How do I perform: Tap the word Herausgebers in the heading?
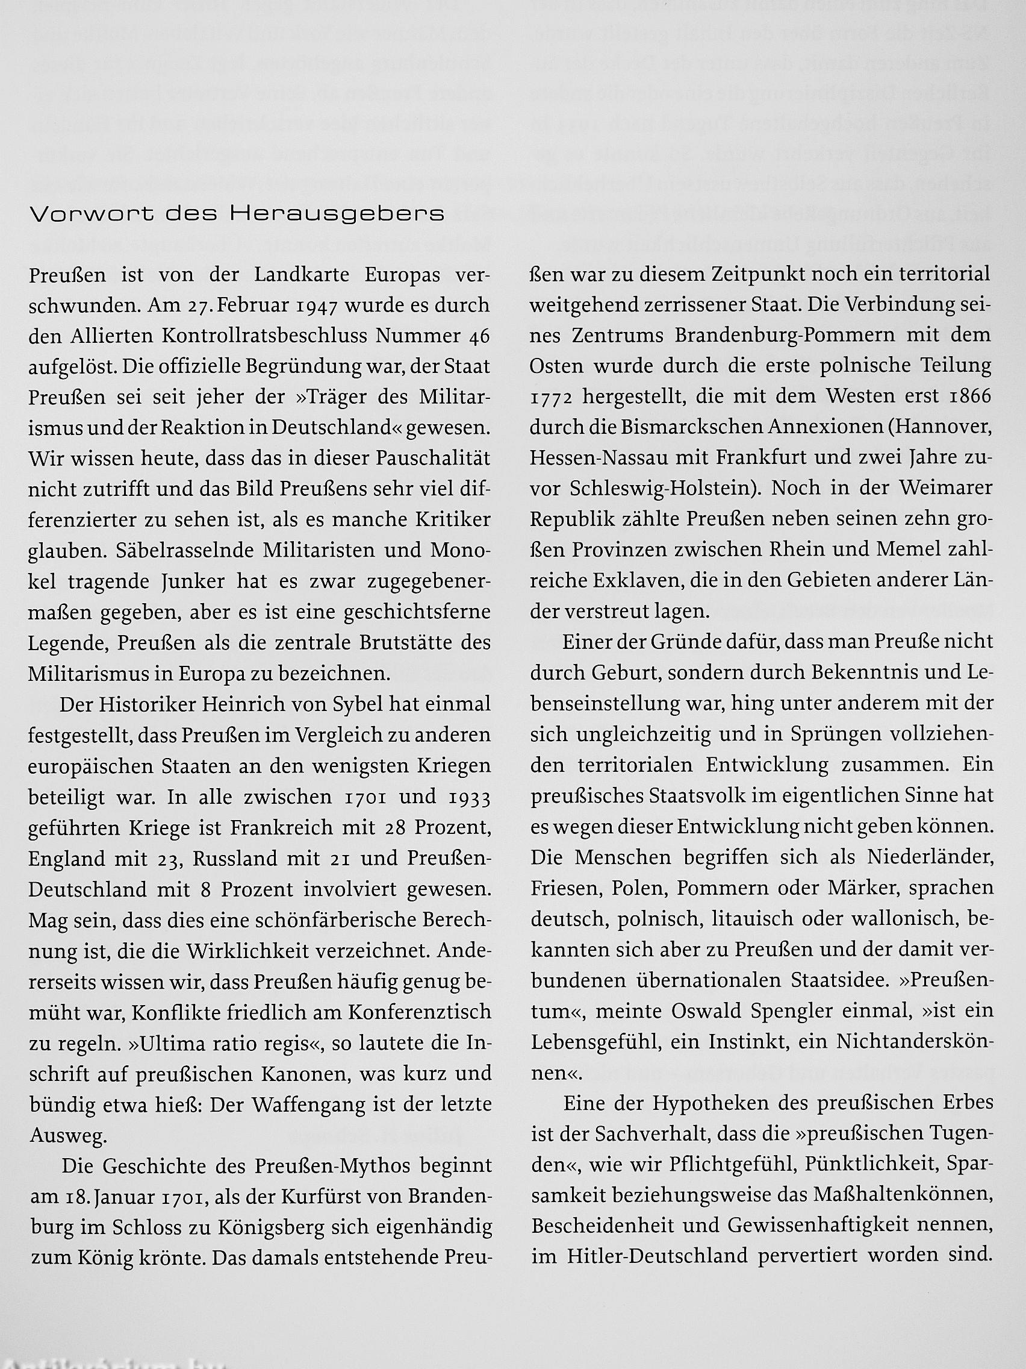tap(337, 214)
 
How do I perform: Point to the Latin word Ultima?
tap(167, 1044)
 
